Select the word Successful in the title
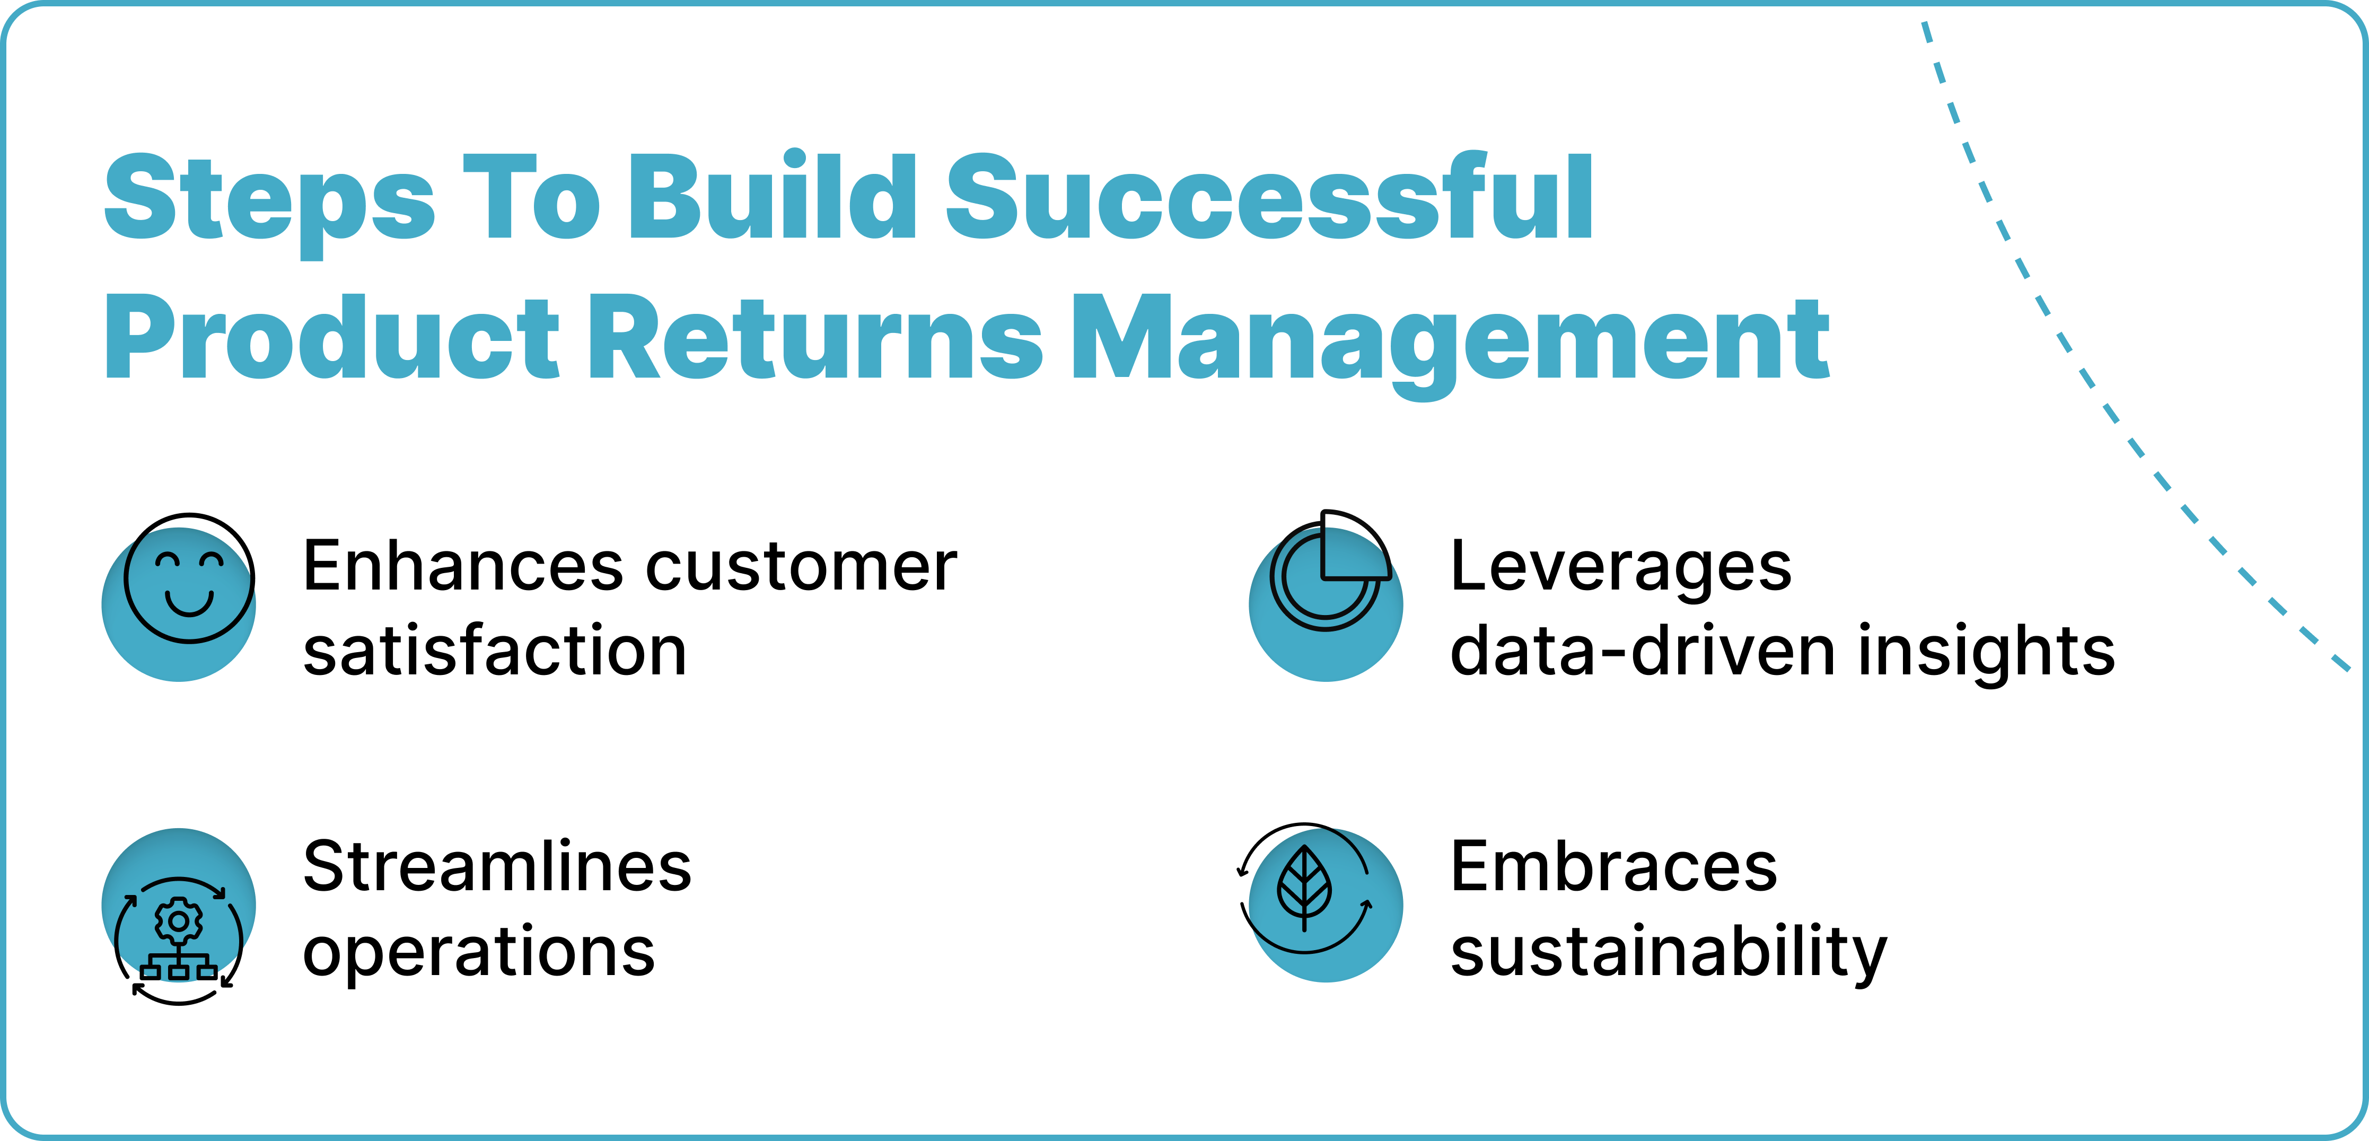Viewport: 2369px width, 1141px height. click(x=1269, y=198)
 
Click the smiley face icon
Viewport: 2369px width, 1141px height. click(x=189, y=579)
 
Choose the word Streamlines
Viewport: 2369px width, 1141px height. click(x=497, y=866)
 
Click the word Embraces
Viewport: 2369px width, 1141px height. click(x=1614, y=866)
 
